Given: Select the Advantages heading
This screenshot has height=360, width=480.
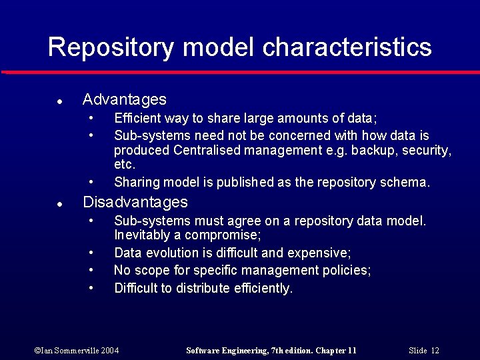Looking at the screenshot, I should point(124,100).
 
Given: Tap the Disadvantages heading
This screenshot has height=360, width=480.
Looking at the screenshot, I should point(135,202).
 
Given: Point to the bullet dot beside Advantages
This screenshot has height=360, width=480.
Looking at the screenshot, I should point(59,102).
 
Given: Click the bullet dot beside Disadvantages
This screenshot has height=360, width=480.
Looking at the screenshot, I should point(59,204).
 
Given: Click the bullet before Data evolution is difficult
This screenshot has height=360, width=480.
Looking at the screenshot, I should point(91,253).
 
